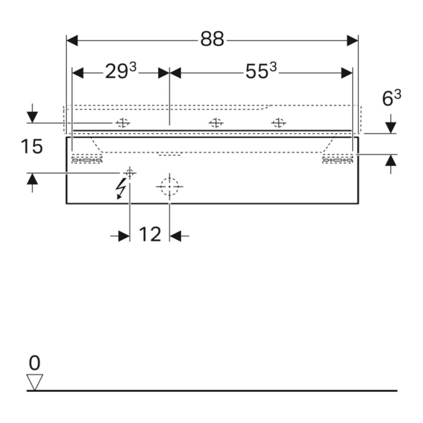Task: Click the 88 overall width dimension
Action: (212, 39)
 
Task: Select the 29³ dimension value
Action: (120, 71)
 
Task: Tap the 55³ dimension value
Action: (261, 71)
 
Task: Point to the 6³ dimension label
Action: (391, 98)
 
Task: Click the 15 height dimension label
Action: (32, 147)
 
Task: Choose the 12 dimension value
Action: (150, 234)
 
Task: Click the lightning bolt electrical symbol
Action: (120, 189)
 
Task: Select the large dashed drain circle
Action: (169, 186)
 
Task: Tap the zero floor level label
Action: (35, 363)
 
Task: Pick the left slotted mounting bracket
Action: (87, 160)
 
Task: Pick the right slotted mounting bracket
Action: (338, 160)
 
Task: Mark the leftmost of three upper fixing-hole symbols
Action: (123, 123)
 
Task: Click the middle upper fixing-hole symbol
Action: (216, 123)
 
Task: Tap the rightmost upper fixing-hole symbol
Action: (278, 123)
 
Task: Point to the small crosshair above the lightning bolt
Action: (130, 173)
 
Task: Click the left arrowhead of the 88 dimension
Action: (72, 41)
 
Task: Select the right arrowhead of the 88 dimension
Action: (352, 41)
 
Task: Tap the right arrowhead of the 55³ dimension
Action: (347, 73)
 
